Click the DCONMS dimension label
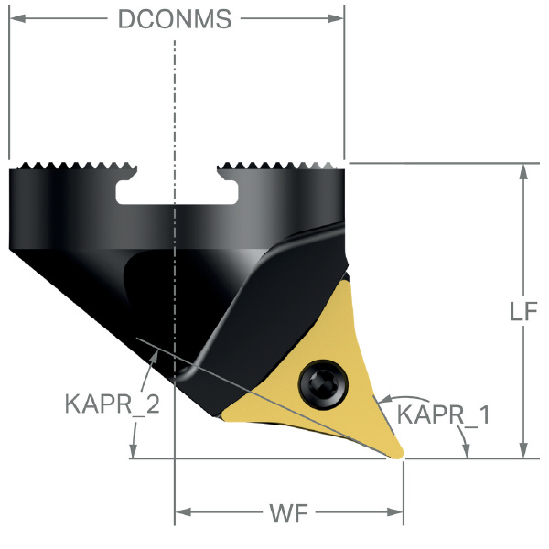(x=175, y=19)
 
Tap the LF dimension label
(x=523, y=311)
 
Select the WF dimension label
(x=288, y=513)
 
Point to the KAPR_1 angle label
(x=443, y=414)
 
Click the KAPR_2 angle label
(x=112, y=404)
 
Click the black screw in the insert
(x=323, y=383)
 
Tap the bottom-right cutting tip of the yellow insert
(x=400, y=455)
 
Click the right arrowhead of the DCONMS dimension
(x=336, y=18)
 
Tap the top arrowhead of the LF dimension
(x=523, y=172)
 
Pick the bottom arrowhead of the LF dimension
(x=523, y=449)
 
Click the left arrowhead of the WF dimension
(x=183, y=512)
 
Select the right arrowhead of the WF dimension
(x=395, y=512)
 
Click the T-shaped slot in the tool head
(x=177, y=188)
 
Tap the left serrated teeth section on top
(x=73, y=166)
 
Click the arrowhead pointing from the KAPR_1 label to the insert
(x=384, y=400)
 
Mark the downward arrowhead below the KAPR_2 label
(x=133, y=449)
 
